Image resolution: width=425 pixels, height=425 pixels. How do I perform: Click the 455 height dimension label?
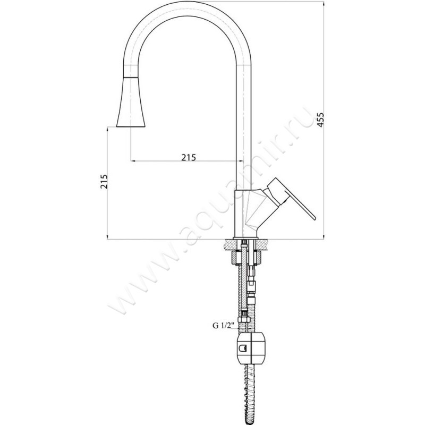pos(320,120)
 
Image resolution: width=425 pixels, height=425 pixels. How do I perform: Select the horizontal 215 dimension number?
pos(189,157)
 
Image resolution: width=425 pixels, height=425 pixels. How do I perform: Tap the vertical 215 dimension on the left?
pos(104,182)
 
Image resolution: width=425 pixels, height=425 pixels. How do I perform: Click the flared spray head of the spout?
pos(131,102)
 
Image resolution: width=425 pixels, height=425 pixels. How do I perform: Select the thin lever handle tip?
pos(314,217)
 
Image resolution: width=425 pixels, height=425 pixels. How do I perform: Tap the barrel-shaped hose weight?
pos(251,348)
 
